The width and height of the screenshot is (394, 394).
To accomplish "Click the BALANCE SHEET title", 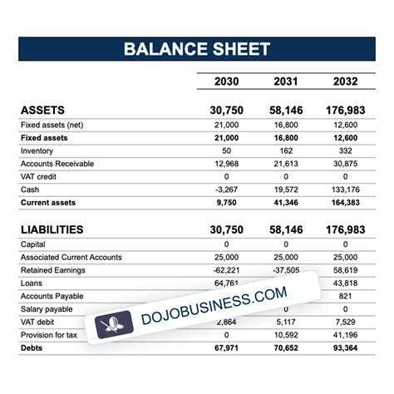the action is click(197, 48).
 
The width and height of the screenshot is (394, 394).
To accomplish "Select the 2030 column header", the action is click(227, 81).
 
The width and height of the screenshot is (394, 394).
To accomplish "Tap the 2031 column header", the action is click(285, 81).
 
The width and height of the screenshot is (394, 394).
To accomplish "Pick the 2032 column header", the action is click(345, 81).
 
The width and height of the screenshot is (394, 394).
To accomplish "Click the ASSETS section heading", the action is click(42, 111).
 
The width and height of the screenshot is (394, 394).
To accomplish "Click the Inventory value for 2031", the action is click(285, 150).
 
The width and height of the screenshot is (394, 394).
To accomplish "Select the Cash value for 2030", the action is click(227, 190).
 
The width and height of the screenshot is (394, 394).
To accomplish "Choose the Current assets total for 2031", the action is click(285, 202).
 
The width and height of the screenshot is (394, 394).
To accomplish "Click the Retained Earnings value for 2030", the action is click(225, 270).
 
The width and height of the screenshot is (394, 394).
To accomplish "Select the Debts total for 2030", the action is click(225, 347).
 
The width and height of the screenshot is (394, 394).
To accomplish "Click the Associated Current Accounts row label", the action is click(70, 258).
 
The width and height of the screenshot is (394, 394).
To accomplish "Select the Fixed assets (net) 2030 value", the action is click(225, 125).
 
